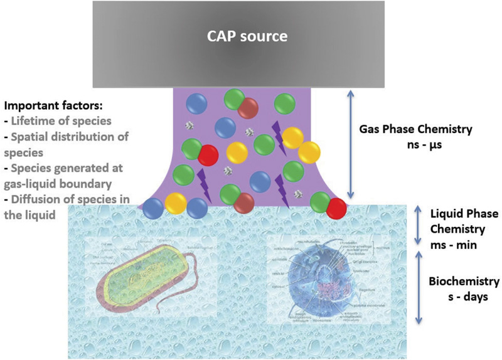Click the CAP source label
coord(247,36)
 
